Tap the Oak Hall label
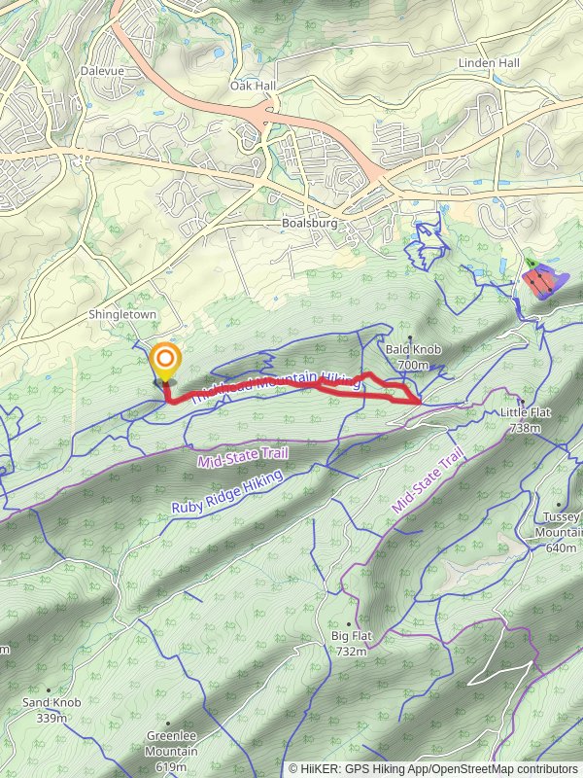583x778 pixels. pos(254,86)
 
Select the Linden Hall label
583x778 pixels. pos(489,63)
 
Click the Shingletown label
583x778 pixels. pos(122,315)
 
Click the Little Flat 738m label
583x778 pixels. pos(526,419)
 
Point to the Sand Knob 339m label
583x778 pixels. pos(51,709)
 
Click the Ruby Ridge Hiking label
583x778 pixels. pos(226,493)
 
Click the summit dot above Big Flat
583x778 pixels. pos(350,623)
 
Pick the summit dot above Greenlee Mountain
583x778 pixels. pos(168,724)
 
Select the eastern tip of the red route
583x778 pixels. pos(419,400)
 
